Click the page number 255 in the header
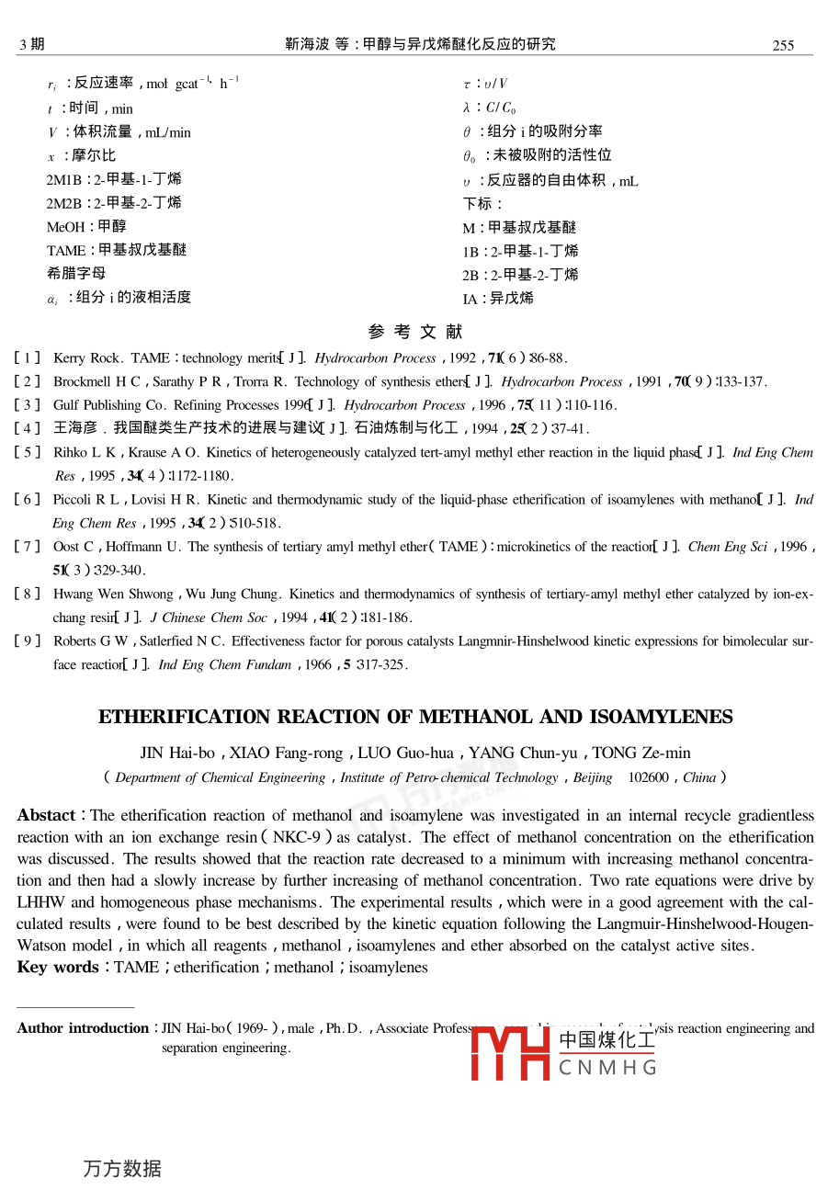click(783, 45)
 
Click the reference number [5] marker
click(28, 452)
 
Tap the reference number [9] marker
click(28, 641)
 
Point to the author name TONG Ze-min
click(641, 753)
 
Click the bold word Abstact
click(46, 816)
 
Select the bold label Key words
click(57, 968)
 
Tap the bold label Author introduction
click(83, 1028)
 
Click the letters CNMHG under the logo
click(607, 1068)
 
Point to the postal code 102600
click(650, 777)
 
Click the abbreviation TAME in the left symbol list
click(64, 251)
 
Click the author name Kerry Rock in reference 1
click(86, 358)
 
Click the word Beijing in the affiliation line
click(593, 777)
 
